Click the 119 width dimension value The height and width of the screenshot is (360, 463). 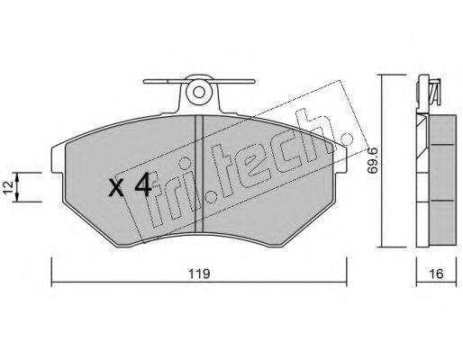[199, 274]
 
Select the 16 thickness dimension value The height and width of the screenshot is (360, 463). [436, 274]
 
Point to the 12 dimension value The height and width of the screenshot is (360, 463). [9, 187]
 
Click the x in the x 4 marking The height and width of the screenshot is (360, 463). [116, 188]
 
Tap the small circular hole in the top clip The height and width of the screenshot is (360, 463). [198, 92]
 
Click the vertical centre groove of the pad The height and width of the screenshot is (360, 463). [199, 174]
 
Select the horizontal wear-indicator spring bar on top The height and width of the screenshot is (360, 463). [199, 81]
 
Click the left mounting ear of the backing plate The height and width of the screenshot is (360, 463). [58, 159]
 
